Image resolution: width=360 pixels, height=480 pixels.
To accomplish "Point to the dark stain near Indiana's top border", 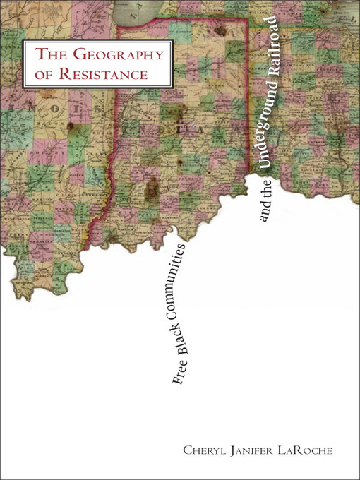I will (222, 31).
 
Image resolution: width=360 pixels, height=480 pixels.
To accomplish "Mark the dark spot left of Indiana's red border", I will (72, 126).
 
